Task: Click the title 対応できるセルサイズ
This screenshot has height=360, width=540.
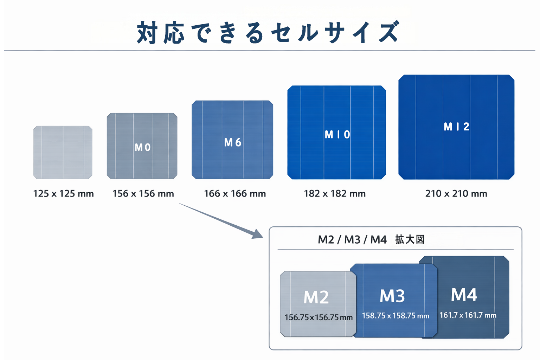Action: click(268, 32)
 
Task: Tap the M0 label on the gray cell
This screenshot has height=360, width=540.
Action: click(143, 147)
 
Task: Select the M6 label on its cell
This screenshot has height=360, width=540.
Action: click(233, 142)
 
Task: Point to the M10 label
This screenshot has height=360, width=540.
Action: click(337, 135)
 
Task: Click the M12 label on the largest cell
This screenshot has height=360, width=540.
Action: click(456, 127)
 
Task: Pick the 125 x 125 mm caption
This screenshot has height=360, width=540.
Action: click(63, 194)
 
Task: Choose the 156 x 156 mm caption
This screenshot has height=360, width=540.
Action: click(143, 194)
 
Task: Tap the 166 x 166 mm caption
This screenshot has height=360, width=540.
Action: click(235, 194)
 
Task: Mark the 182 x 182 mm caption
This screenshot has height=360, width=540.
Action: click(335, 194)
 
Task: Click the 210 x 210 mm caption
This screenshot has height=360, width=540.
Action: click(456, 194)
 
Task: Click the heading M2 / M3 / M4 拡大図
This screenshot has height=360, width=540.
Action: click(371, 240)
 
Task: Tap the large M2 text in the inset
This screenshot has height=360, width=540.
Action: click(316, 297)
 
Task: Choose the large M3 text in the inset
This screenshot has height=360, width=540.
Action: click(392, 296)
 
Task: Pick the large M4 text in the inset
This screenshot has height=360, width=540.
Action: click(464, 295)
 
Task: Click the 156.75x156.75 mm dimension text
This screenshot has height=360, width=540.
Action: click(319, 317)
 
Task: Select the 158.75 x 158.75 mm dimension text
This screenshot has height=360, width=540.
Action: click(396, 316)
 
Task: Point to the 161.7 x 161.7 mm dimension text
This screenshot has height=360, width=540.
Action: click(468, 315)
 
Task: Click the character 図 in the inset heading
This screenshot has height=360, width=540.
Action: click(420, 239)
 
